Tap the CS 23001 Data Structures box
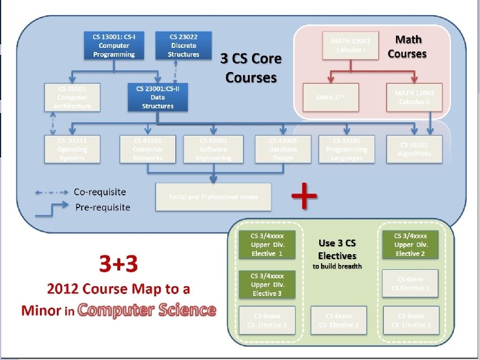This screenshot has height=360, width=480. point(158,97)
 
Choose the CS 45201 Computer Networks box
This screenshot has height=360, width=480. point(148,149)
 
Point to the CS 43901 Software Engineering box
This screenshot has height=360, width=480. point(213,149)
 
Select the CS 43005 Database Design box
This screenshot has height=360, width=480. point(283,149)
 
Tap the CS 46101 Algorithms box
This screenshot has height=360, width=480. point(415,149)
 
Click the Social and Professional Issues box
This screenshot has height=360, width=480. point(213,197)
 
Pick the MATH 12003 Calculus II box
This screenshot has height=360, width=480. point(414,97)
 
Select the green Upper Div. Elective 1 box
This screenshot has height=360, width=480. point(267,244)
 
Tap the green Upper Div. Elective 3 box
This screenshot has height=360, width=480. point(267,284)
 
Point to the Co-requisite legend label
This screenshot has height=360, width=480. point(100,192)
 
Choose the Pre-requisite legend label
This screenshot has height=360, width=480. point(102,208)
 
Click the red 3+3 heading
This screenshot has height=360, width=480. point(118,264)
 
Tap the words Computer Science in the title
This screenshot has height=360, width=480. point(146,310)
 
